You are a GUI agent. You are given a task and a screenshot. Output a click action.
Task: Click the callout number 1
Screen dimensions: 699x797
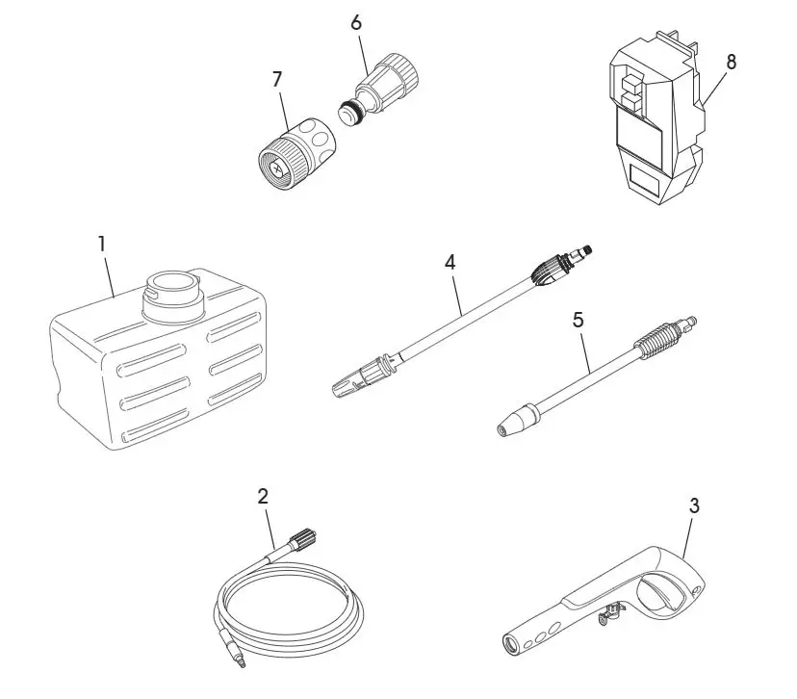(101, 244)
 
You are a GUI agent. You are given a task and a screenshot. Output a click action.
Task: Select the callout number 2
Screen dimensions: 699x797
(263, 497)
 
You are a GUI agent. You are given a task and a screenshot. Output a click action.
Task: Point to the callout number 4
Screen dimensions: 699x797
(449, 260)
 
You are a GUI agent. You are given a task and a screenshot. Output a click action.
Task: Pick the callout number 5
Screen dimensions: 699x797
(578, 320)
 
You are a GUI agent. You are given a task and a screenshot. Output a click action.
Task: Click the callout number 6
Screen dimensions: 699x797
(356, 22)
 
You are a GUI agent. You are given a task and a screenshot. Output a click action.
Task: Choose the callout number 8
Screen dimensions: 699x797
(732, 63)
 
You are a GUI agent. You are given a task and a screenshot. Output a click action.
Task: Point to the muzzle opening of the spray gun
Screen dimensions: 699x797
(512, 643)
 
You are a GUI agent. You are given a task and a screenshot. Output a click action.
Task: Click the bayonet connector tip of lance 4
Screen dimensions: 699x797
(580, 254)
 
